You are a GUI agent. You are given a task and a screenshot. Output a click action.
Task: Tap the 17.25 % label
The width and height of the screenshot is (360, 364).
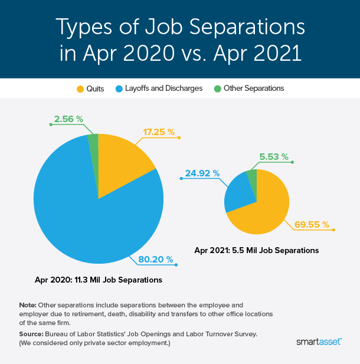[x=159, y=132]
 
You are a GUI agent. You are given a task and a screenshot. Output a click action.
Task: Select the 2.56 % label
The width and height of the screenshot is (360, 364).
[x=68, y=119]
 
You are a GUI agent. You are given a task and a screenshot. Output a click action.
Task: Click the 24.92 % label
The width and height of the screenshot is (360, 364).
[x=202, y=173]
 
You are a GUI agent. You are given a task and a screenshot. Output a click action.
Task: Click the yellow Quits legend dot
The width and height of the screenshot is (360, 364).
[x=80, y=88]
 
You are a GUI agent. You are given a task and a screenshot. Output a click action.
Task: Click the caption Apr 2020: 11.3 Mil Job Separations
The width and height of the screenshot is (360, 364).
[x=99, y=279]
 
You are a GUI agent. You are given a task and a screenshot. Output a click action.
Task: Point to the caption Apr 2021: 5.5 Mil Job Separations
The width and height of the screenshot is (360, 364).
[x=257, y=250]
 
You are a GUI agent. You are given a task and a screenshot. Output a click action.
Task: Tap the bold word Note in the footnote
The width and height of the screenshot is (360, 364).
[x=27, y=304]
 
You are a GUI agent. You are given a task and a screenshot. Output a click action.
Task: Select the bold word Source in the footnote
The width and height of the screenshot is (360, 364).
[x=31, y=334]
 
